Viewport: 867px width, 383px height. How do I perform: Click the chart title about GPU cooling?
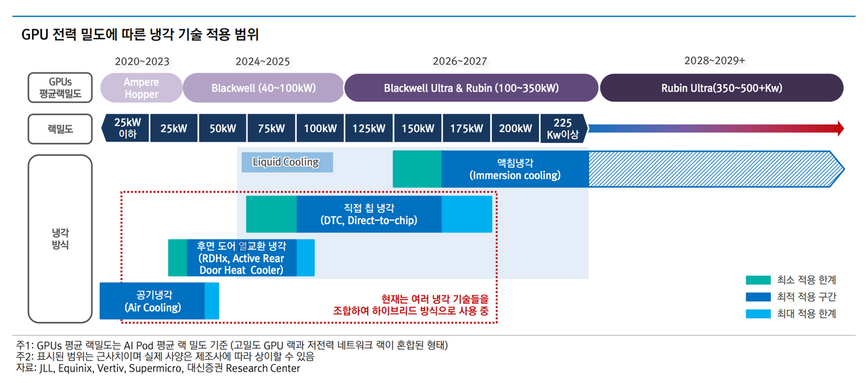[x=140, y=35]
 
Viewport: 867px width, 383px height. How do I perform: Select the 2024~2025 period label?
[x=262, y=62]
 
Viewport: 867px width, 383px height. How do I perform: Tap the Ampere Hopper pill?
[x=142, y=88]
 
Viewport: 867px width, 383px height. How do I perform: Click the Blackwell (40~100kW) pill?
[x=263, y=88]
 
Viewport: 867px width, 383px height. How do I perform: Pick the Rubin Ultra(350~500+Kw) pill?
[x=721, y=88]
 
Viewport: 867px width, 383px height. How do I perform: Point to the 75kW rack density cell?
[x=272, y=128]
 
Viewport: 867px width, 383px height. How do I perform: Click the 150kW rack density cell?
[x=418, y=128]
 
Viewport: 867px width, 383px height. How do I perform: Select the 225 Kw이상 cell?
[x=564, y=128]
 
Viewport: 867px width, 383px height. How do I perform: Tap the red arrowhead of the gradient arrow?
[x=841, y=128]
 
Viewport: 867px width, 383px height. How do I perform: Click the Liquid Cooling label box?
[x=287, y=162]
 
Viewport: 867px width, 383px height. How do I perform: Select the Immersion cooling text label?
[x=515, y=169]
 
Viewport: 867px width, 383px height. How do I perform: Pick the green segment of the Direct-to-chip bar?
[x=272, y=214]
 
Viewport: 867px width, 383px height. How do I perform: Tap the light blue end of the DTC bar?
[x=467, y=214]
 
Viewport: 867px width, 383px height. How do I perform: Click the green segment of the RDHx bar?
[x=177, y=258]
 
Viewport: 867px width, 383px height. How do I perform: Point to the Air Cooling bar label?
[x=153, y=301]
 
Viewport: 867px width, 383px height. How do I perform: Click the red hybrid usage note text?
[x=410, y=305]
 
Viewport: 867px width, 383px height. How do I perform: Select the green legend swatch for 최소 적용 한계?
[x=758, y=280]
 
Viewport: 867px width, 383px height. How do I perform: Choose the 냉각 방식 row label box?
[x=60, y=239]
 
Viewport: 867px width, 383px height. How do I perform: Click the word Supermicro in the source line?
[x=155, y=368]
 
